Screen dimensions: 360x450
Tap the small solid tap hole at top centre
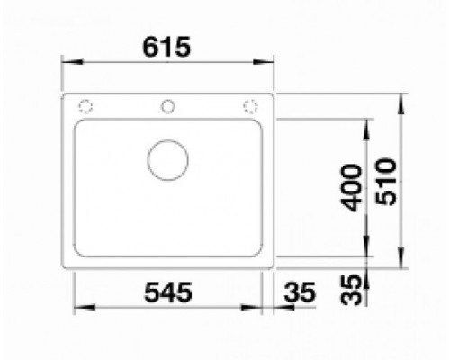tap(167, 106)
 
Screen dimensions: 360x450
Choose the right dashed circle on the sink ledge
tap(249, 106)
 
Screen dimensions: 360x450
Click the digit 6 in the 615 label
tap(150, 48)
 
